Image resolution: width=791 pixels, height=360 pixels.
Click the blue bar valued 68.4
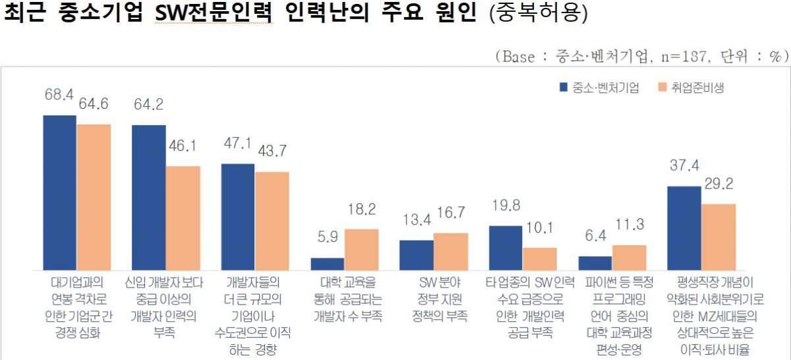tap(59, 193)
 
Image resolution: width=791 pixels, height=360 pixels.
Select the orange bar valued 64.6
tap(94, 197)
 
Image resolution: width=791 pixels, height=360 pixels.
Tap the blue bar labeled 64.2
tap(148, 197)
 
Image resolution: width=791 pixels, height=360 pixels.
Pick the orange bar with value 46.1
tap(183, 218)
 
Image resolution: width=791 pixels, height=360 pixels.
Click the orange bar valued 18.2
tap(361, 250)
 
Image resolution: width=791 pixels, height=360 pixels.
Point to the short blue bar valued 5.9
tap(328, 264)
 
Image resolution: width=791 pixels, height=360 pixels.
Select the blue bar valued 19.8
tap(506, 248)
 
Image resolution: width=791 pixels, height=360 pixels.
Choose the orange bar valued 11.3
tap(629, 258)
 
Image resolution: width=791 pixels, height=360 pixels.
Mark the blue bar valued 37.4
tap(684, 228)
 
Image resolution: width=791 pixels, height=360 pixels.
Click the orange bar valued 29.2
tap(718, 237)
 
